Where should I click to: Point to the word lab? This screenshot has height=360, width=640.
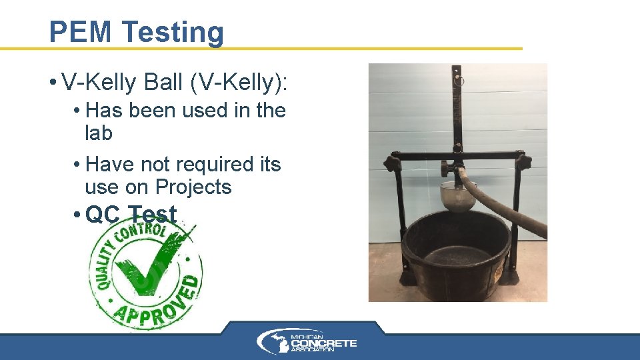99,133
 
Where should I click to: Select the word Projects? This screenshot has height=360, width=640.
193,187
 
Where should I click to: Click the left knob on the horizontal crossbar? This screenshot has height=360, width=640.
391,162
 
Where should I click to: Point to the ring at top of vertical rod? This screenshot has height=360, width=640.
459,79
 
